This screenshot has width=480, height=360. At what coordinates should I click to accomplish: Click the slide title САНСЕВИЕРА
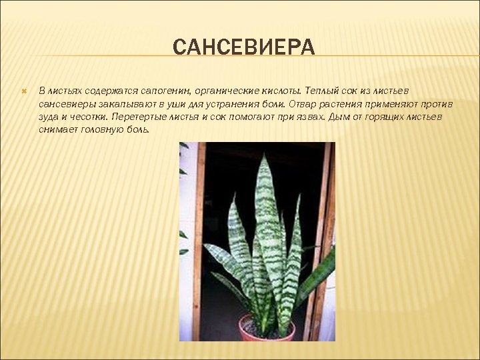[x=243, y=48]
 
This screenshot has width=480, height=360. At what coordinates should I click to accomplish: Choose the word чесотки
[x=86, y=117]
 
